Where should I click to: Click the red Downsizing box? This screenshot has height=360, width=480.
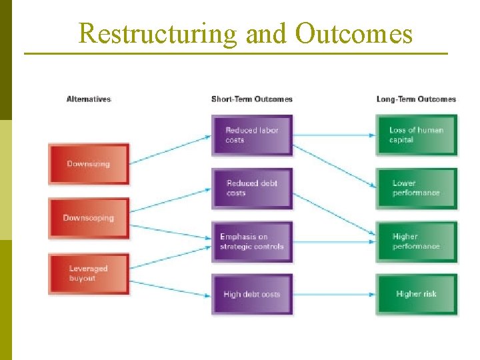point(88,163)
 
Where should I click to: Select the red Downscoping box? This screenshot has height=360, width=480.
point(88,217)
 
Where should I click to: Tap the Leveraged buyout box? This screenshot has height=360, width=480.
point(88,273)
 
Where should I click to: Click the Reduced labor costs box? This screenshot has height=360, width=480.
point(252,135)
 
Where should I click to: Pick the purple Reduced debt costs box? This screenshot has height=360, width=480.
point(252,188)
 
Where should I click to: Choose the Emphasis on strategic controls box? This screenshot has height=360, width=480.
point(252,241)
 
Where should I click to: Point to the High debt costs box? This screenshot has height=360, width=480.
point(252,294)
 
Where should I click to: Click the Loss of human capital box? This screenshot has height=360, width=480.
point(417,135)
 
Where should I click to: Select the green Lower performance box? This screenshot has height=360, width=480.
point(417,188)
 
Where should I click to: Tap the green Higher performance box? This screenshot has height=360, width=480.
point(417,241)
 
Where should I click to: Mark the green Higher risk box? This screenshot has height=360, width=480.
point(417,294)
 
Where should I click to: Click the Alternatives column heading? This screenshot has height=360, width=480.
point(89,99)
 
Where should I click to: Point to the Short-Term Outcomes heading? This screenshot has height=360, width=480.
point(251,99)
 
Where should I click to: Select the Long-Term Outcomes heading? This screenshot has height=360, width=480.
point(416,99)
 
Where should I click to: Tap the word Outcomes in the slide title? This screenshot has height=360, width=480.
point(353,33)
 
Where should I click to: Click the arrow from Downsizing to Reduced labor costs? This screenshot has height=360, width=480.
point(170,150)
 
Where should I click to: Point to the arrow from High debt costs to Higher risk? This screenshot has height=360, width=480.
point(333,294)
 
